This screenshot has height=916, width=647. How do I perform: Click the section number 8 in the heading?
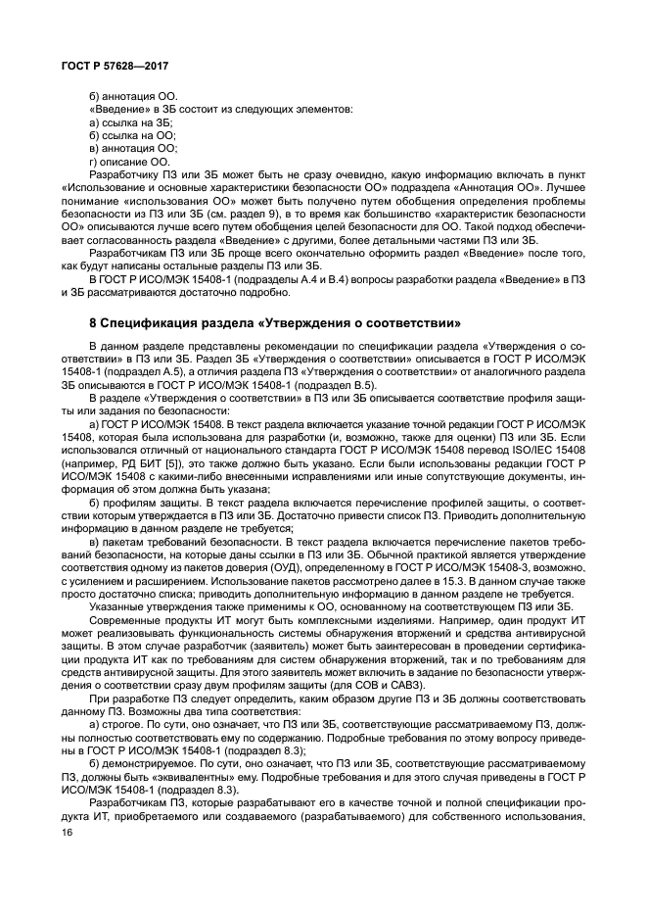coord(92,321)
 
